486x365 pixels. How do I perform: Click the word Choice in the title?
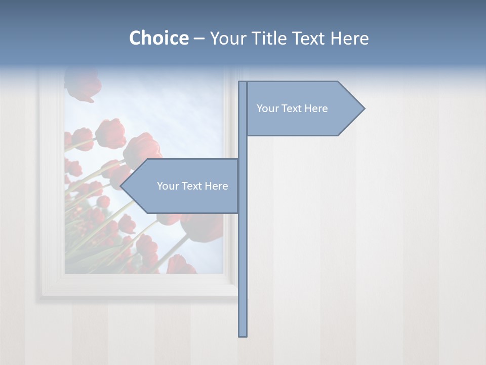tap(158, 38)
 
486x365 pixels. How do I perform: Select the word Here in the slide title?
tap(349, 38)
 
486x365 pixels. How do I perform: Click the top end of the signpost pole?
tap(242, 83)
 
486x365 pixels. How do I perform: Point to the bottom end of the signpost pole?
tap(242, 335)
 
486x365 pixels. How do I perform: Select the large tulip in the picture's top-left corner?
tap(83, 84)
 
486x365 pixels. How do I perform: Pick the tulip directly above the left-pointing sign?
tap(143, 148)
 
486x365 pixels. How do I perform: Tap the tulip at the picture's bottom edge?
tap(180, 265)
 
